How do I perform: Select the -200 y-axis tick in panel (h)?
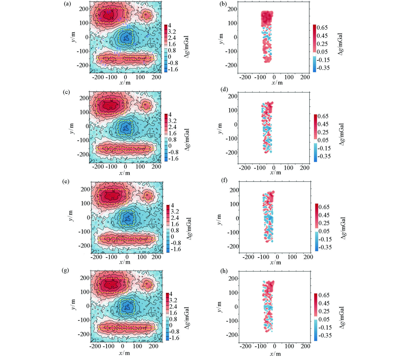click(232, 334)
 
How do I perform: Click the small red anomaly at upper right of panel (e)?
click(148, 196)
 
